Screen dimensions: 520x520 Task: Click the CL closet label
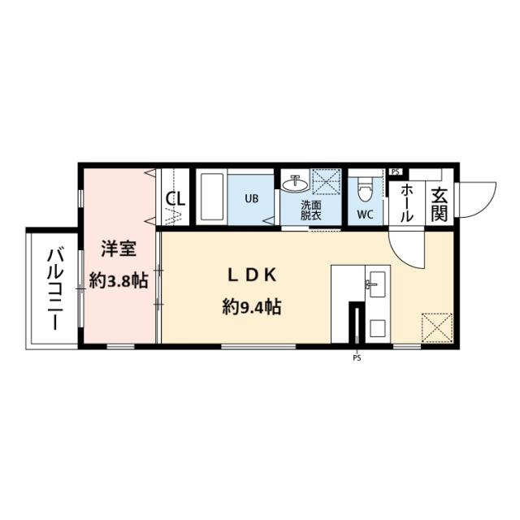[x=175, y=199]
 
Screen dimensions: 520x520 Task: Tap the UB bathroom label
[x=251, y=198]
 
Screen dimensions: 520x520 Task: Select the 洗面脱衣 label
[x=310, y=210]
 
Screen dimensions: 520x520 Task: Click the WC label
[x=365, y=214]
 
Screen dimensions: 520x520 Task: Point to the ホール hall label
[x=407, y=203]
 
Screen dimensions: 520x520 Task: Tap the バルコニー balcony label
[x=55, y=289]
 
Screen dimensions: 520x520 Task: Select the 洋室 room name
[x=119, y=249]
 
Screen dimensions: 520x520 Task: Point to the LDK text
[x=252, y=275]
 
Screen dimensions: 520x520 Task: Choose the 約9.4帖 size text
[x=252, y=307]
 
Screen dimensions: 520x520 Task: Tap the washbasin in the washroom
[x=295, y=184]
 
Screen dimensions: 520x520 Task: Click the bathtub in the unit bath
[x=211, y=197]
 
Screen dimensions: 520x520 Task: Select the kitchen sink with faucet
[x=377, y=284]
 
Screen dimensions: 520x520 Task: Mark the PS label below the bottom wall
[x=357, y=358]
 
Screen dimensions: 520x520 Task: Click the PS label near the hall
[x=395, y=171]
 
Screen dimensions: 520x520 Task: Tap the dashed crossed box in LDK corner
[x=437, y=327]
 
